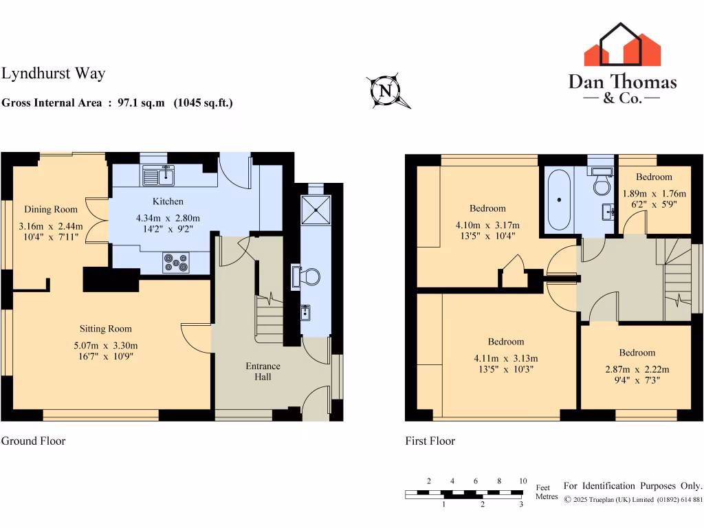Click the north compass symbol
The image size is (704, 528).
pyautogui.click(x=386, y=91)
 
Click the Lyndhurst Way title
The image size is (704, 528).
pyautogui.click(x=53, y=74)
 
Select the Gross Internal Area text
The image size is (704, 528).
pyautogui.click(x=117, y=103)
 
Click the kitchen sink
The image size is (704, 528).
pyautogui.click(x=159, y=175)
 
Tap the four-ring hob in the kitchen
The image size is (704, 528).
pyautogui.click(x=176, y=262)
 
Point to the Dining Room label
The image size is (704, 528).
pyautogui.click(x=51, y=209)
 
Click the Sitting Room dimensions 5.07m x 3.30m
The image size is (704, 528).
pyautogui.click(x=105, y=346)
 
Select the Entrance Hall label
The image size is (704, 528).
pyautogui.click(x=263, y=371)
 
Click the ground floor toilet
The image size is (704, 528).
pyautogui.click(x=307, y=276)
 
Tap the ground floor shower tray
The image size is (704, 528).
pyautogui.click(x=316, y=207)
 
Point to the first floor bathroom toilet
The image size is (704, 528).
pyautogui.click(x=602, y=184)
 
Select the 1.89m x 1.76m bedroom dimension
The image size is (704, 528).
pyautogui.click(x=654, y=194)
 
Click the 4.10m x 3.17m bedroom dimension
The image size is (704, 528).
pyautogui.click(x=487, y=225)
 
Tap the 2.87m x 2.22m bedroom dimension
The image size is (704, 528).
pyautogui.click(x=637, y=369)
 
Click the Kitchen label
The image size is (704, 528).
pyautogui.click(x=168, y=201)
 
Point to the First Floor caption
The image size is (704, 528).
pyautogui.click(x=430, y=441)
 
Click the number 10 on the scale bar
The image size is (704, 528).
pyautogui.click(x=522, y=481)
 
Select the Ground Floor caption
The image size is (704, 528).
pyautogui.click(x=33, y=441)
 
